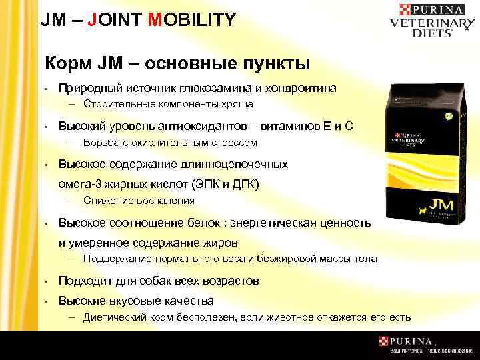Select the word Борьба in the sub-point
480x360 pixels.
coord(100,143)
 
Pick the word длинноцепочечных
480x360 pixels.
coord(238,164)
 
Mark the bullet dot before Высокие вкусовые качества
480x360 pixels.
coord(47,301)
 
